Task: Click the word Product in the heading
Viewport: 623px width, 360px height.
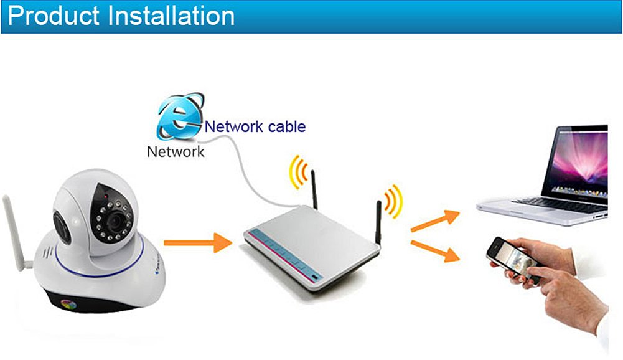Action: [x=54, y=16]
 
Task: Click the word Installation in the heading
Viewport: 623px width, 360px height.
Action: [x=172, y=16]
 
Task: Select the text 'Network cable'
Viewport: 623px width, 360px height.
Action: [x=255, y=126]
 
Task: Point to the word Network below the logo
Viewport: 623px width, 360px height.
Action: [x=175, y=151]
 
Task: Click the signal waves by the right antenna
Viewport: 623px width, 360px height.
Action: [x=394, y=201]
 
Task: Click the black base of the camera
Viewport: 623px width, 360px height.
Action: [x=93, y=302]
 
